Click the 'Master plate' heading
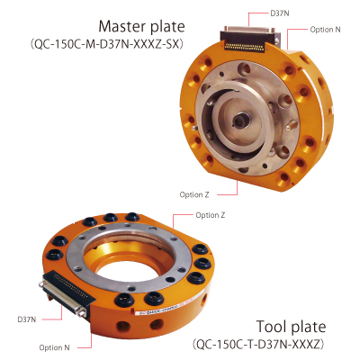[141, 26]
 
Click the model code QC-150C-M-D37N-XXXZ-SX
[106, 44]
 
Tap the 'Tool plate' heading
[291, 327]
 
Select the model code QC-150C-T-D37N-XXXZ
[258, 344]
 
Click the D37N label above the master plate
[280, 13]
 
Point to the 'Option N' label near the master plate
[326, 30]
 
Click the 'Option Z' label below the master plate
[194, 194]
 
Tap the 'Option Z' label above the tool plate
[211, 215]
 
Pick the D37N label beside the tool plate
[27, 319]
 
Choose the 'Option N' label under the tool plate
[54, 347]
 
